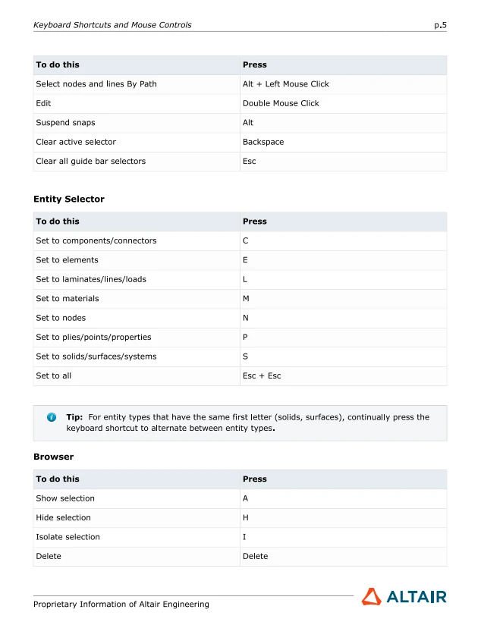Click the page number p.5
pyautogui.click(x=440, y=25)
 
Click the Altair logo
pyautogui.click(x=404, y=597)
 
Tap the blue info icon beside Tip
pyautogui.click(x=52, y=417)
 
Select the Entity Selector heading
pyautogui.click(x=69, y=199)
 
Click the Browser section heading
pyautogui.click(x=53, y=457)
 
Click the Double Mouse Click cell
pyautogui.click(x=281, y=103)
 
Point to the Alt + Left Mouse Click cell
pyautogui.click(x=285, y=84)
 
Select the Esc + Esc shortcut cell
pyautogui.click(x=262, y=375)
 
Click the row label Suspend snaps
pyautogui.click(x=65, y=123)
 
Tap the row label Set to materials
pyautogui.click(x=67, y=299)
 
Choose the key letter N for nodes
pyautogui.click(x=246, y=318)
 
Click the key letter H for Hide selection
pyautogui.click(x=246, y=518)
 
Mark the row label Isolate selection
pyautogui.click(x=68, y=537)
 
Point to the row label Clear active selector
pyautogui.click(x=76, y=142)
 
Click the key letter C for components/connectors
pyautogui.click(x=246, y=241)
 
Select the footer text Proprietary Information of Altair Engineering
pyautogui.click(x=121, y=605)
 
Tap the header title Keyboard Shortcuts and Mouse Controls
pyautogui.click(x=112, y=25)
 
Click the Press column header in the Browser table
pyautogui.click(x=255, y=479)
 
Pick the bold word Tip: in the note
pyautogui.click(x=74, y=417)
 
